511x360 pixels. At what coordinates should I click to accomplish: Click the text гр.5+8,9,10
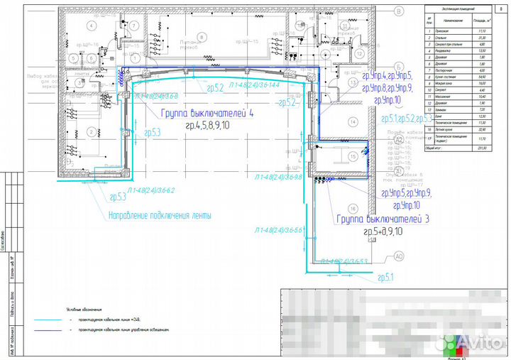383,231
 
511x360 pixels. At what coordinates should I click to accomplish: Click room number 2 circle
91,131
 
